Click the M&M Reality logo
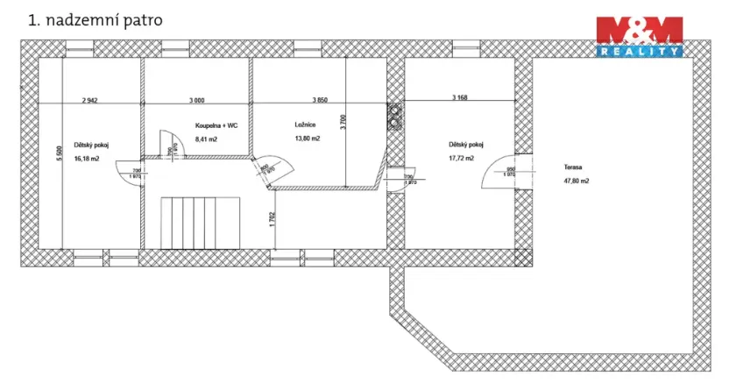point(640,38)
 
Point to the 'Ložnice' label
point(305,125)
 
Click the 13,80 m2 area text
point(308,139)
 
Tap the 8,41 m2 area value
point(205,139)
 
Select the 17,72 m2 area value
point(461,159)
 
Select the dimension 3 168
point(460,97)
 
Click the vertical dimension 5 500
point(60,153)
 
